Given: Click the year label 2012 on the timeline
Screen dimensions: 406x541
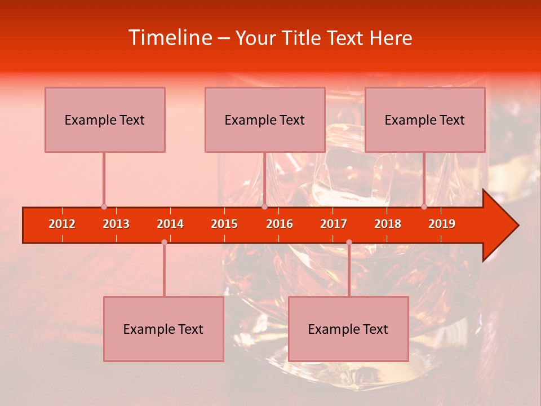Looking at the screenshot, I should pyautogui.click(x=62, y=224).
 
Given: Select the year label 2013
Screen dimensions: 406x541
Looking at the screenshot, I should pyautogui.click(x=116, y=224).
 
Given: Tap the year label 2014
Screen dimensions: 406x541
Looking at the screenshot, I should pyautogui.click(x=170, y=224).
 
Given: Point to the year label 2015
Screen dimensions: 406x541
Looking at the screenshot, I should pyautogui.click(x=224, y=224).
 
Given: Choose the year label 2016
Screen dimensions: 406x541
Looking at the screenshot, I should pyautogui.click(x=280, y=224).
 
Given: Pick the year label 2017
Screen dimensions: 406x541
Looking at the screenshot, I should pyautogui.click(x=334, y=224).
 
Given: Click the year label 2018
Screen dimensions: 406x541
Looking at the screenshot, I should pyautogui.click(x=388, y=224).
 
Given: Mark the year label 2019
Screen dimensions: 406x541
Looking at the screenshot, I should pyautogui.click(x=442, y=224).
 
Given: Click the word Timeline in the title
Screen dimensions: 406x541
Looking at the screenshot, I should pyautogui.click(x=169, y=38).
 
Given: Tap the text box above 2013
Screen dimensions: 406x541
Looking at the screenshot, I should pyautogui.click(x=105, y=120).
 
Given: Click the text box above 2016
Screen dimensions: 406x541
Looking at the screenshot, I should pyautogui.click(x=265, y=120).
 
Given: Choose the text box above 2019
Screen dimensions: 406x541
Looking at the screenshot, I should pyautogui.click(x=425, y=120).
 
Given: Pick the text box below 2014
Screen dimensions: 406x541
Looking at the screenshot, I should pyautogui.click(x=163, y=329).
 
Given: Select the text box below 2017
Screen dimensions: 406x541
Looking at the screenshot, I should pyautogui.click(x=348, y=329).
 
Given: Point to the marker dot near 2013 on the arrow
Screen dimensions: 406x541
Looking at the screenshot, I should pyautogui.click(x=104, y=207).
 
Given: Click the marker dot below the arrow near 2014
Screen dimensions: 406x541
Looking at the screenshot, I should pyautogui.click(x=164, y=242).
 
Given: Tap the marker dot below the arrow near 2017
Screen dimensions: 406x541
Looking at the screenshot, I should pyautogui.click(x=349, y=242).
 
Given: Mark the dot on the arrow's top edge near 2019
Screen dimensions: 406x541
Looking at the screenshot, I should pyautogui.click(x=424, y=207).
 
